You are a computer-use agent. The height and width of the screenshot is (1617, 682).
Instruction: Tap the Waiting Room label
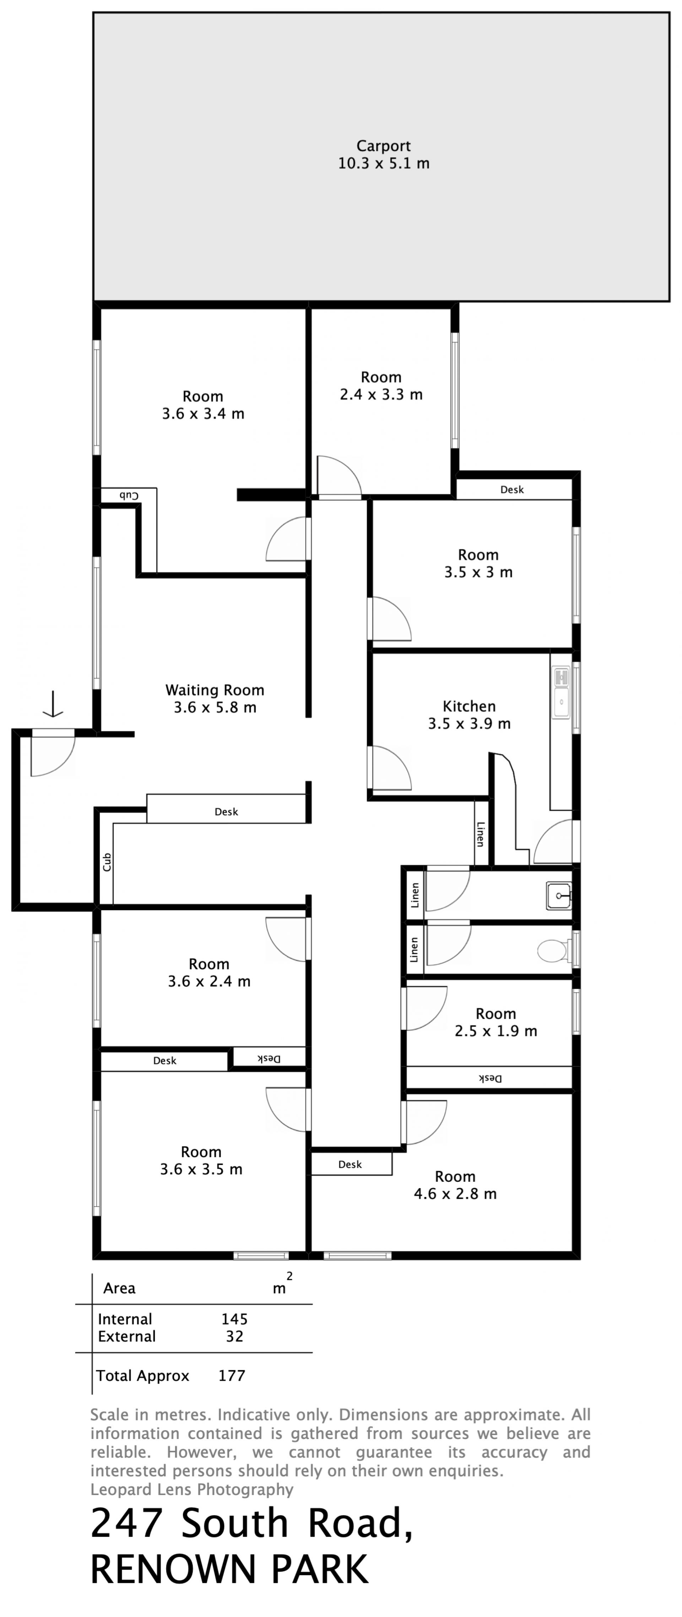pos(215,690)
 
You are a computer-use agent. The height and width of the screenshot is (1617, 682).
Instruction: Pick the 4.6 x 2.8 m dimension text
pos(455,1194)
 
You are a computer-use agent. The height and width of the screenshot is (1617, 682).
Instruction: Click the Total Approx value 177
pos(232,1376)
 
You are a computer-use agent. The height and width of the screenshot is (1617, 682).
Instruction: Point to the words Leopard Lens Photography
pos(191,1489)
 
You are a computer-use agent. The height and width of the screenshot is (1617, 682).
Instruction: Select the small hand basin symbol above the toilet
pos(558,896)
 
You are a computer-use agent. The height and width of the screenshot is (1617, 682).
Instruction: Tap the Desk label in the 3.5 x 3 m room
pos(511,490)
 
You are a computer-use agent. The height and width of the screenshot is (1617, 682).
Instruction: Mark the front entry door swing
pos(53,753)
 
